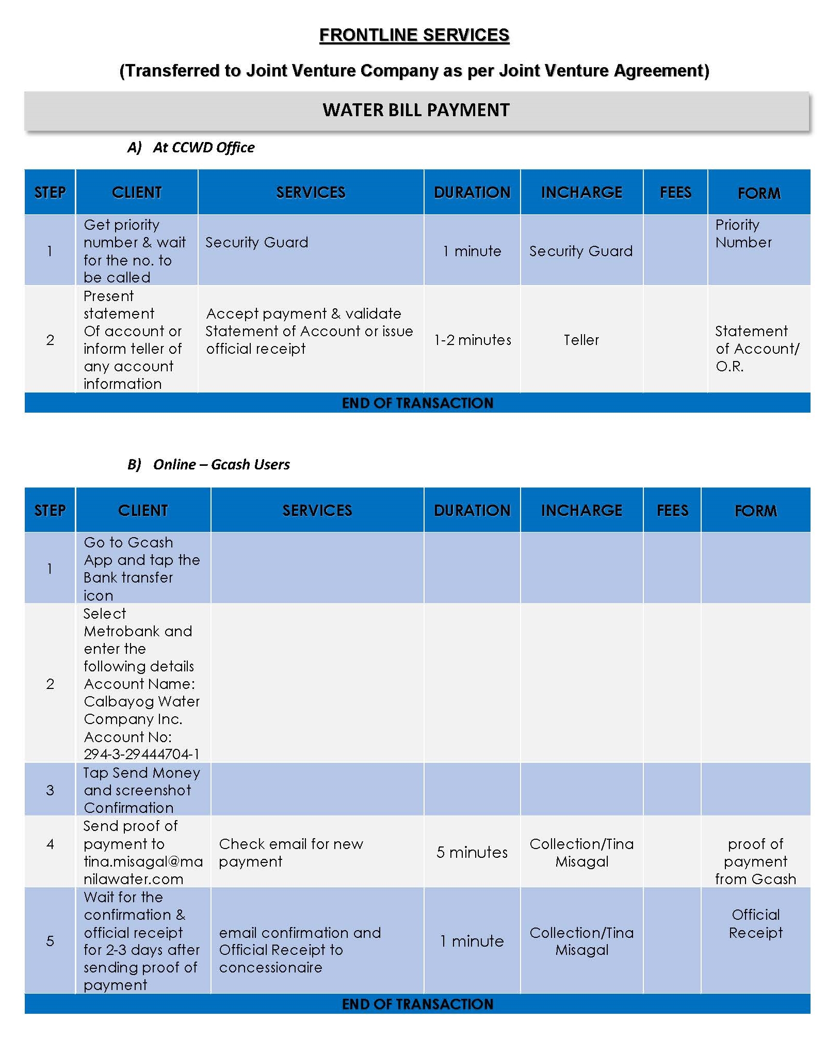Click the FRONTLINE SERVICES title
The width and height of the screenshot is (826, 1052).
click(x=414, y=35)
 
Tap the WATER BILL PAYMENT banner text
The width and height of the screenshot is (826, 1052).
click(x=416, y=110)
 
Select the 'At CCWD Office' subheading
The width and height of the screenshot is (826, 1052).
click(x=203, y=148)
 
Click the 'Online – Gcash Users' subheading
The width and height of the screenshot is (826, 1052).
click(x=221, y=464)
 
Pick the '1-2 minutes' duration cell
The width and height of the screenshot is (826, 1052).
click(x=472, y=340)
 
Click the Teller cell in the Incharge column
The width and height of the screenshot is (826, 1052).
click(x=581, y=340)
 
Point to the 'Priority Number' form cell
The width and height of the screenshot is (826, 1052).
click(x=743, y=233)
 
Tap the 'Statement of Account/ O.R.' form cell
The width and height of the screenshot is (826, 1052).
click(x=756, y=349)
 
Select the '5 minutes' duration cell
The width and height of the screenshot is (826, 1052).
click(x=472, y=852)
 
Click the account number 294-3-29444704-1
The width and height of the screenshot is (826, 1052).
click(x=141, y=754)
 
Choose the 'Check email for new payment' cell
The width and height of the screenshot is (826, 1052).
click(x=291, y=852)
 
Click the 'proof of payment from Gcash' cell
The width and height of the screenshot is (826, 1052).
click(x=755, y=861)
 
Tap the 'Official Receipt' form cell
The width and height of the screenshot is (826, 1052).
click(x=755, y=923)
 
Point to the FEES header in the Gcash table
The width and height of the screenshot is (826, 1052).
click(x=672, y=510)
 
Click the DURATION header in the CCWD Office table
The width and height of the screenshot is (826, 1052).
click(x=472, y=192)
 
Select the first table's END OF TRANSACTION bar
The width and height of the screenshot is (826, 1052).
click(x=417, y=403)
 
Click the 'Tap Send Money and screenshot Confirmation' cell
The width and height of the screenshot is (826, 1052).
click(x=141, y=790)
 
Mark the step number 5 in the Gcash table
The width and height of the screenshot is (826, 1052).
click(x=50, y=941)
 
